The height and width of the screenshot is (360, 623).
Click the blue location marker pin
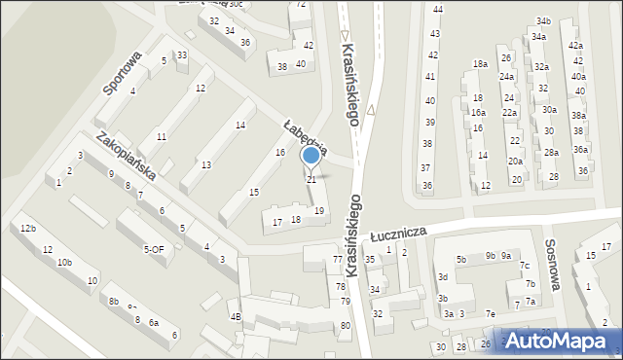click(311, 155)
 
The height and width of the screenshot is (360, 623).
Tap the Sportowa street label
click(124, 73)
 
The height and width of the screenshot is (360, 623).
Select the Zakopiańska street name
click(126, 156)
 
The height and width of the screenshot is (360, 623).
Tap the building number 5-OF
click(154, 249)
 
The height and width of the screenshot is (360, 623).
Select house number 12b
click(27, 229)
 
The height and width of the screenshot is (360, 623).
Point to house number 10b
click(64, 263)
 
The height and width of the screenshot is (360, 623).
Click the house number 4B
click(235, 316)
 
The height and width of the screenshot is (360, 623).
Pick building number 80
click(346, 325)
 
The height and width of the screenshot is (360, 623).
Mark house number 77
click(337, 260)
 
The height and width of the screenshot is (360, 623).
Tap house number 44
click(437, 9)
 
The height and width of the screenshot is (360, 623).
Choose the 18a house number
click(480, 64)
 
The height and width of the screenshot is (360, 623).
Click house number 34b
click(541, 21)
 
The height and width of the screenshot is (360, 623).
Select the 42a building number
click(575, 46)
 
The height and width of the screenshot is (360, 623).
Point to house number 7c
click(524, 267)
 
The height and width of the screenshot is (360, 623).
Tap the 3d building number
click(442, 277)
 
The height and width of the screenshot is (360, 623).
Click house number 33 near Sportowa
click(181, 54)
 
